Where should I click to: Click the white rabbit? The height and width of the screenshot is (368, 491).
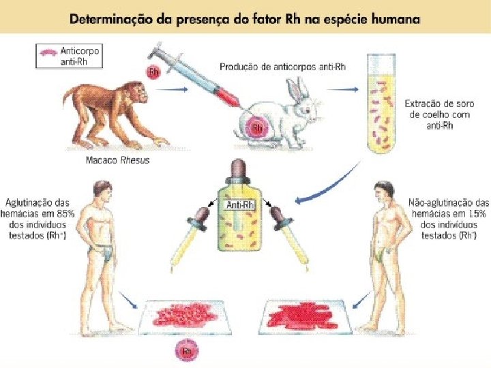[x=280, y=116]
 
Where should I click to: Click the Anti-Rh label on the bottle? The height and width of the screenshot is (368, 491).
[x=240, y=205]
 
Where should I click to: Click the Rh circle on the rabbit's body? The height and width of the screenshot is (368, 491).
[x=258, y=127]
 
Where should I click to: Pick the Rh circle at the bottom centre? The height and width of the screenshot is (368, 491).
[x=184, y=352]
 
